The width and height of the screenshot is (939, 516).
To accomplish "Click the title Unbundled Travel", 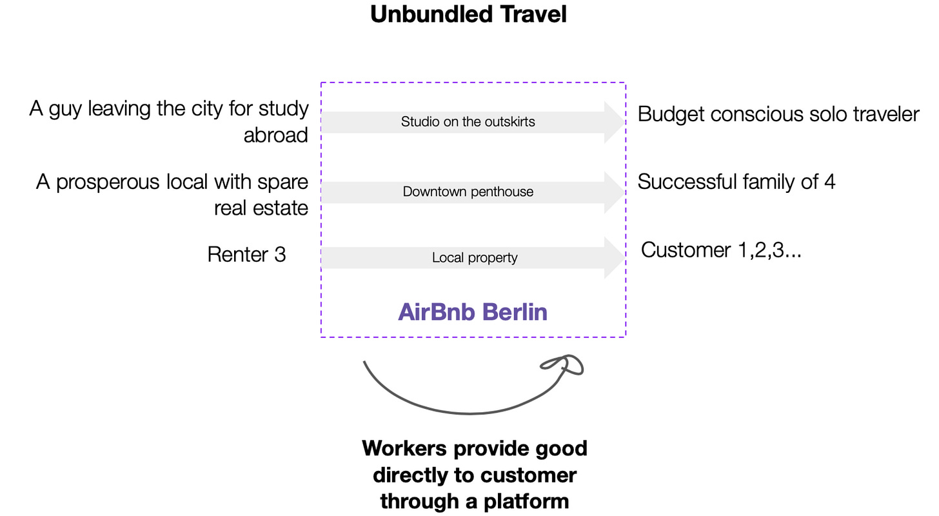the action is pos(468,14).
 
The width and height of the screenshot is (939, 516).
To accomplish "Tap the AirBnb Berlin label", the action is pos(473,312).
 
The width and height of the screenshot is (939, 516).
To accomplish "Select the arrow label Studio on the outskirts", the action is pos(468,121).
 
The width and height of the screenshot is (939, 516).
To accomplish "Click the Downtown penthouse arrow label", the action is pos(468,192).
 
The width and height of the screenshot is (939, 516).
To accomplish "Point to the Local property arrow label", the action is pos(475,257).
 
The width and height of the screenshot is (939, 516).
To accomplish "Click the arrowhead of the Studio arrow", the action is pos(615,122).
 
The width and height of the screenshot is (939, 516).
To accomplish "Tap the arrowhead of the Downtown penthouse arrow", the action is pos(615,192).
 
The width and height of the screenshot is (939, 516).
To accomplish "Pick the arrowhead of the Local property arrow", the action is pos(615,257).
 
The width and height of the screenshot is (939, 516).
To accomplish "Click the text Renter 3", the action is pos(246,254).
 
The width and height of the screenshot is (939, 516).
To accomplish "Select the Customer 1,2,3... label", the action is pos(721,250).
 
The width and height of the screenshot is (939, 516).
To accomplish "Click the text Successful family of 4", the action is pos(736,182).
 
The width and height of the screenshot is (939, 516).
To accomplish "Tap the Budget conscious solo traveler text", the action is pos(778,114).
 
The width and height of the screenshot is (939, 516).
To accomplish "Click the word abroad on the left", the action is pos(276,135).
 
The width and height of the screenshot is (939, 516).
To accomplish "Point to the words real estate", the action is pos(261,208).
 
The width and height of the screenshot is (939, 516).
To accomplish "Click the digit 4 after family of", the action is pos(829,182).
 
